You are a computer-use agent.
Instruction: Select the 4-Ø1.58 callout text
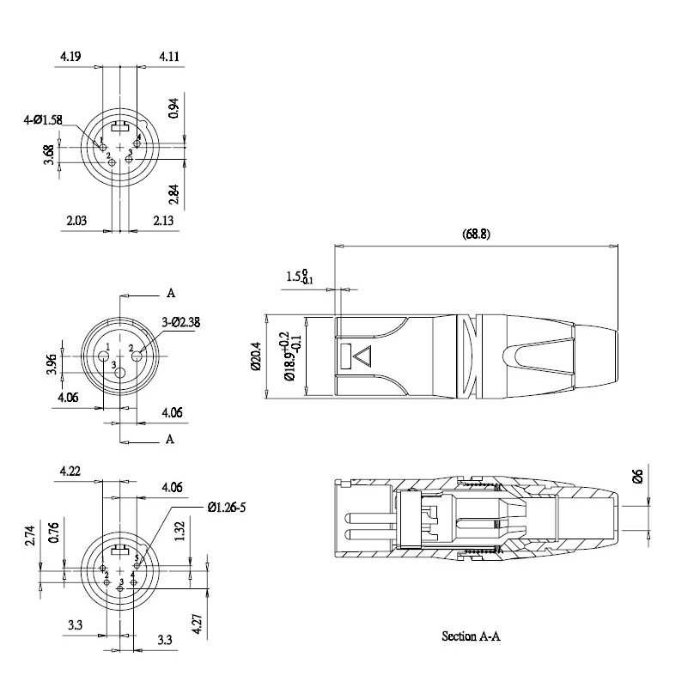coord(42,120)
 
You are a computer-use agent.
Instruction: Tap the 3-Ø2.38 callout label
coord(180,323)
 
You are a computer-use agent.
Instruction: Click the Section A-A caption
coord(470,636)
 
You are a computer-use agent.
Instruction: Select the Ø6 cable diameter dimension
coord(636,477)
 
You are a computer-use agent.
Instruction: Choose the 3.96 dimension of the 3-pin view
coord(52,364)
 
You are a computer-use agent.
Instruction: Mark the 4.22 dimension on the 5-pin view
coord(70,472)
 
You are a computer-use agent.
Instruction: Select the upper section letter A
coord(171,293)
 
